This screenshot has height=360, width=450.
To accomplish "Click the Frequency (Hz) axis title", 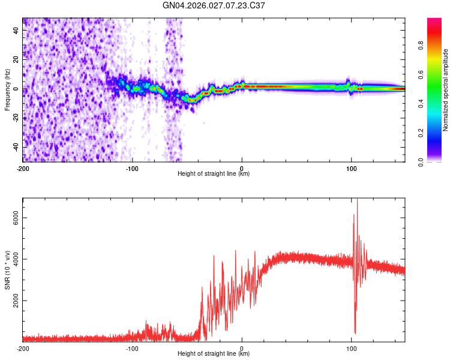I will [x=7, y=91].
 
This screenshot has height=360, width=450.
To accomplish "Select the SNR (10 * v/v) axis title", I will [x=7, y=271].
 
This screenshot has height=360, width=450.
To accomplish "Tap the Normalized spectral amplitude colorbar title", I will [x=446, y=90].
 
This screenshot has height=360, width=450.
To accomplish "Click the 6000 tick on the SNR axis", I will [x=13, y=218].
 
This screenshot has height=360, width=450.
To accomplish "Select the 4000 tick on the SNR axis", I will [x=13, y=260].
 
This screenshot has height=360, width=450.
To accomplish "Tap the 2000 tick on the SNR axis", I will [x=13, y=301].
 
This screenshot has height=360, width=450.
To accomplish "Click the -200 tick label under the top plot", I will [x=23, y=168].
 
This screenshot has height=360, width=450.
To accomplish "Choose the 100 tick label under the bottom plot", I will [x=351, y=348].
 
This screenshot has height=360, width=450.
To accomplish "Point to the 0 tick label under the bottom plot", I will [x=242, y=348].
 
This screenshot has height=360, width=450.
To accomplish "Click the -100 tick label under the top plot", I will [x=132, y=168].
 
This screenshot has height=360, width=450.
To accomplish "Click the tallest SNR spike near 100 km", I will [x=358, y=200].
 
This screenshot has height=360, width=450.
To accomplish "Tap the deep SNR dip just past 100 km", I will [x=355, y=332].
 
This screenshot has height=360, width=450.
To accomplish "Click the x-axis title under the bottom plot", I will [x=214, y=354].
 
